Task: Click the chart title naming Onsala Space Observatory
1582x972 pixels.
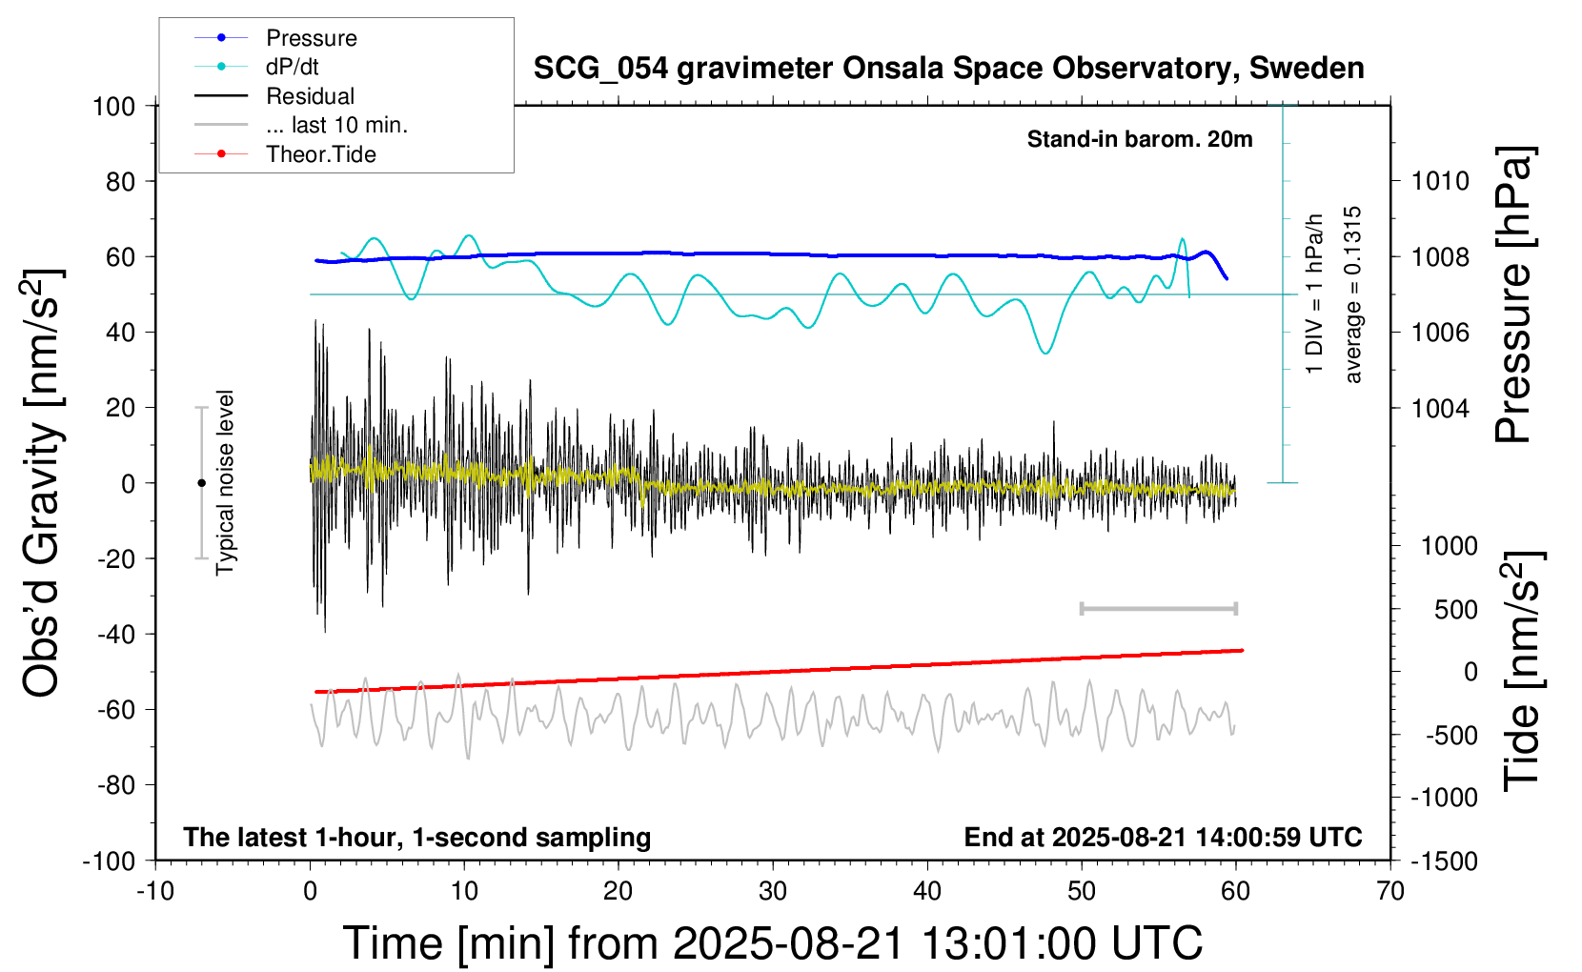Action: tap(948, 69)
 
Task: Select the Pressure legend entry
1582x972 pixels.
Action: tap(311, 38)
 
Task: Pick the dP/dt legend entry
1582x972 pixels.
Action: tap(292, 67)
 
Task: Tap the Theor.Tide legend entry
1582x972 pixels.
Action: tap(320, 154)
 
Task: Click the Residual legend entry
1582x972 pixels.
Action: tap(310, 96)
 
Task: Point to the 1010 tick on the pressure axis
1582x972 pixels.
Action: tap(1440, 181)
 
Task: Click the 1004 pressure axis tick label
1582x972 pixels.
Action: tap(1440, 408)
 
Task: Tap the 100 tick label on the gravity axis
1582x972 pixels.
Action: tap(113, 106)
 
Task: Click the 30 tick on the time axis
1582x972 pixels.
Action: tap(773, 891)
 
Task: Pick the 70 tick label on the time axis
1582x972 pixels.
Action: tap(1390, 891)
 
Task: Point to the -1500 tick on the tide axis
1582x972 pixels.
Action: tap(1444, 861)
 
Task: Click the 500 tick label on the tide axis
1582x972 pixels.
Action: tap(1455, 609)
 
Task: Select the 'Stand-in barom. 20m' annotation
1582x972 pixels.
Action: tap(1139, 139)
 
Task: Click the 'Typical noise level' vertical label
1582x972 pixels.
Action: tap(225, 482)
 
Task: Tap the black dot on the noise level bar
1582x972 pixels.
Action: tap(201, 483)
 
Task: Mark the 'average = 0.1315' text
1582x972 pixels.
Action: tap(1353, 294)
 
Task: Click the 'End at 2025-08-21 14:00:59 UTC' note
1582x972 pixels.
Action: tap(1163, 837)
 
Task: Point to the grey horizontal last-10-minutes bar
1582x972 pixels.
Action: tap(1158, 608)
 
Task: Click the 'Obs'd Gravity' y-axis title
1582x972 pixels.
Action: tap(43, 482)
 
